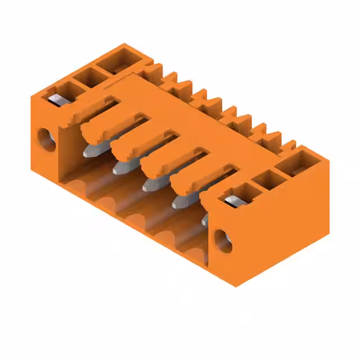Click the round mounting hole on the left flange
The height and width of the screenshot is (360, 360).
(46, 139)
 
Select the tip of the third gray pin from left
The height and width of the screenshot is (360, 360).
(149, 185)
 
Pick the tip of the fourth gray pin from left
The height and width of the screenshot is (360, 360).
(179, 202)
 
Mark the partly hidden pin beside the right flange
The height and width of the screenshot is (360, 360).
(205, 218)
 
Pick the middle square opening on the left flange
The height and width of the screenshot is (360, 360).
(87, 77)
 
